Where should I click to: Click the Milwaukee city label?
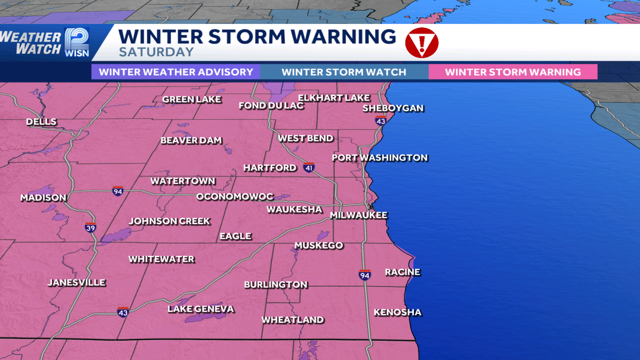(358, 215)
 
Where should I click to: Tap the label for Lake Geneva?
(201, 309)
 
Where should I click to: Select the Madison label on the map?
(43, 198)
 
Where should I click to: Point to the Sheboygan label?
(393, 108)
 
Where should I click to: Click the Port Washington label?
(380, 158)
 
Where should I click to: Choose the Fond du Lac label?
(271, 106)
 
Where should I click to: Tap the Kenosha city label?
(397, 313)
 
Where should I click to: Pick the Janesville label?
(77, 283)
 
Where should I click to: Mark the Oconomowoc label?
(235, 197)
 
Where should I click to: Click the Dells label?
(41, 122)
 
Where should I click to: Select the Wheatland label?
(292, 320)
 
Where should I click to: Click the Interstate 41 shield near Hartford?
(309, 167)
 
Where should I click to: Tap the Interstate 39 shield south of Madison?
(91, 228)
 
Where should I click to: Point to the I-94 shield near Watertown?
(118, 191)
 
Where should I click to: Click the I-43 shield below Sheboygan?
(380, 122)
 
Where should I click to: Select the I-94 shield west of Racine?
(365, 274)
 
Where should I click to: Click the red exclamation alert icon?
(421, 43)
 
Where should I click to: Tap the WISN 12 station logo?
(76, 42)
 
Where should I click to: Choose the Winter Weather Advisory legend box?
(175, 72)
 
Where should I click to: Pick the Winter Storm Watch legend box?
(344, 72)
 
